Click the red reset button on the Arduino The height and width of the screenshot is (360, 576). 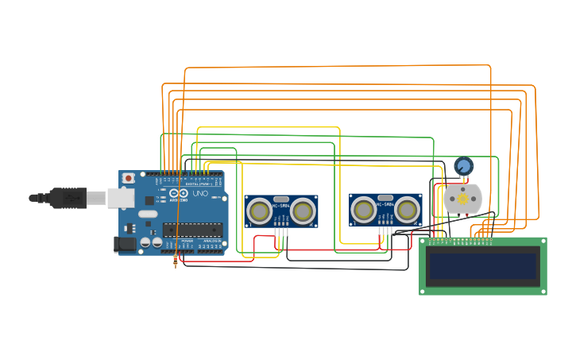(128, 178)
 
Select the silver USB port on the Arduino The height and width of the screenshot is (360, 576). (121, 197)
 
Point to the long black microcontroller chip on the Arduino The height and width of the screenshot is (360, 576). (192, 230)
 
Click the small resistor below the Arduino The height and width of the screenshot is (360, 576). (175, 260)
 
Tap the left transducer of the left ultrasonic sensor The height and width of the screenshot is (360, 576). (258, 211)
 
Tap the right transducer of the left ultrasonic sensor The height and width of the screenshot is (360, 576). (303, 211)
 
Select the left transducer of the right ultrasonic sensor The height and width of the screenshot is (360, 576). (364, 210)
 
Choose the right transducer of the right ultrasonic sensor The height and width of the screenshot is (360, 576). (408, 210)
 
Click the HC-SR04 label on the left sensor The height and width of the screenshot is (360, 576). (280, 206)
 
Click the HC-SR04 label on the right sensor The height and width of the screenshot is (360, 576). (385, 205)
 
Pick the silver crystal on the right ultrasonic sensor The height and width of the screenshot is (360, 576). (385, 197)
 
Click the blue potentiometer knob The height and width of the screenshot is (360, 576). (463, 166)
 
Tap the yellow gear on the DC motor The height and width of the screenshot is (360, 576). (462, 199)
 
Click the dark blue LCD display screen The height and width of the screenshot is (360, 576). (483, 266)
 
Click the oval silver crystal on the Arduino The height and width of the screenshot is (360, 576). (148, 214)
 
